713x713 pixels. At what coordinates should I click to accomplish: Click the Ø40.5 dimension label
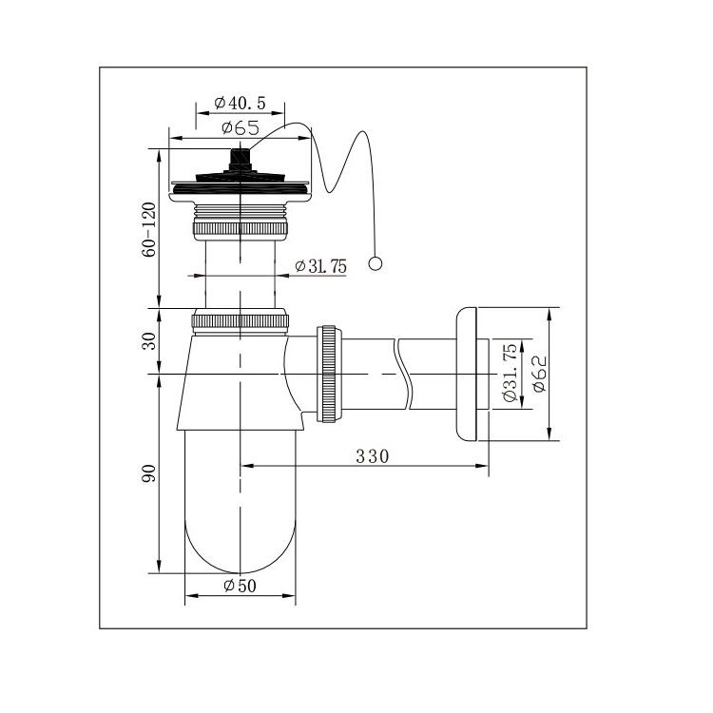[x=240, y=104]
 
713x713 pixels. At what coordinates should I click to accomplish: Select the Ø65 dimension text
[x=241, y=127]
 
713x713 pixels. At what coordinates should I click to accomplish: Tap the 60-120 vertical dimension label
[x=148, y=230]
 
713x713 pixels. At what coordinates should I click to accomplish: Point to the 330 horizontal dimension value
[x=373, y=456]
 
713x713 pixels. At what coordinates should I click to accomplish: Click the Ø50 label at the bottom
[x=241, y=586]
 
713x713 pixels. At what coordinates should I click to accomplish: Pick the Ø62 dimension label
[x=540, y=374]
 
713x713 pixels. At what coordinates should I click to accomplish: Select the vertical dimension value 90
[x=148, y=473]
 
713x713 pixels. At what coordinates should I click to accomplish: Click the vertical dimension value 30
[x=148, y=341]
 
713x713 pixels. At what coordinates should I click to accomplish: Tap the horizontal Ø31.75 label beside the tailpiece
[x=320, y=266]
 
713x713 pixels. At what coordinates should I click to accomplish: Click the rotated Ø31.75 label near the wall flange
[x=510, y=373]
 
